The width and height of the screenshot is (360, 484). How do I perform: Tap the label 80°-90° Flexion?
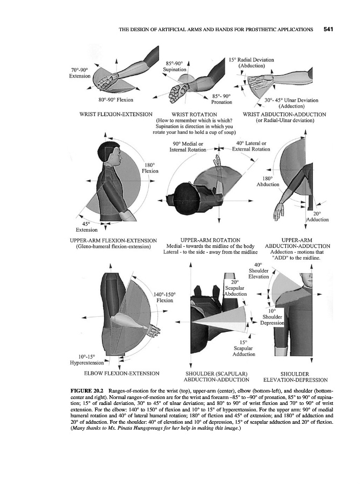[116, 99]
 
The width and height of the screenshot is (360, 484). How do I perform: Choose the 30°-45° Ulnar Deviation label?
[292, 103]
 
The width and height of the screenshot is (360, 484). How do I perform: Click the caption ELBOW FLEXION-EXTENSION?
[121, 373]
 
